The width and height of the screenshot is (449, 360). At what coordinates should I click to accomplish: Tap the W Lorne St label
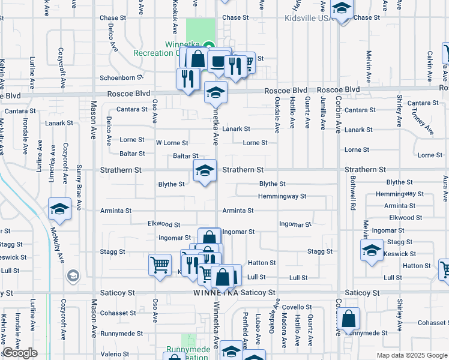172,143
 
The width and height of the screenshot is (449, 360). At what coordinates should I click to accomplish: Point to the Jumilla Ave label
322,113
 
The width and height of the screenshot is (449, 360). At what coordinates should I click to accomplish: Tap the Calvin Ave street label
430,66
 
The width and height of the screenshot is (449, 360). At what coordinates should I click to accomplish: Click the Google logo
20,353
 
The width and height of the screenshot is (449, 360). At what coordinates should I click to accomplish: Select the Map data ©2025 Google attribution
411,355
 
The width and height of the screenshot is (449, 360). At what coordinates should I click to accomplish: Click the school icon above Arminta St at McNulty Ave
59,209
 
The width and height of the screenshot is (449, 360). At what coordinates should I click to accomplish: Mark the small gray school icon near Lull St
73,276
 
